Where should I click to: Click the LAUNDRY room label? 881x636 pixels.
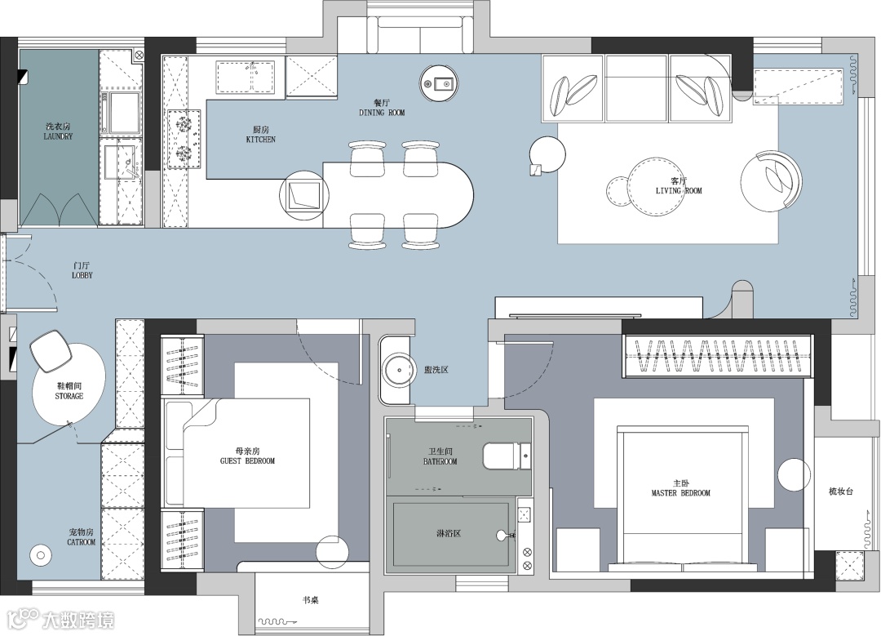pos(58,136)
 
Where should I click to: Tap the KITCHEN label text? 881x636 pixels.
pos(261,140)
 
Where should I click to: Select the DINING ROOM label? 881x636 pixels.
pos(382,113)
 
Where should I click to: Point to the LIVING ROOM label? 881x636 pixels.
pos(679,190)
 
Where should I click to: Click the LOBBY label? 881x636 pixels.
pos(82,275)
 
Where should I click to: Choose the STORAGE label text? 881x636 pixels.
pos(69,396)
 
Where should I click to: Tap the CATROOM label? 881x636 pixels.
pos(82,542)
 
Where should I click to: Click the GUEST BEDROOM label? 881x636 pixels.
pos(247,461)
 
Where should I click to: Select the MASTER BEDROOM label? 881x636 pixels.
pos(681,493)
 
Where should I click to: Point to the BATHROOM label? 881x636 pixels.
pos(440,461)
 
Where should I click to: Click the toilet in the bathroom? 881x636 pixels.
pos(507,456)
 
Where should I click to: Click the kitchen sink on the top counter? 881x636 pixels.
pos(246,77)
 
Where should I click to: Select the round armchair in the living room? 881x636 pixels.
pos(771,181)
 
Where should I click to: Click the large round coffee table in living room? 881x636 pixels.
pos(656,185)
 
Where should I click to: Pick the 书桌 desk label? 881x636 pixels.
pos(311,600)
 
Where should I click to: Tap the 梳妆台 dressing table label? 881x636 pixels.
pos(841,491)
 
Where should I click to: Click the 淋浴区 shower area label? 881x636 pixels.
pos(449,532)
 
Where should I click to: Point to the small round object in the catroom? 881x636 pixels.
pos(41,555)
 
